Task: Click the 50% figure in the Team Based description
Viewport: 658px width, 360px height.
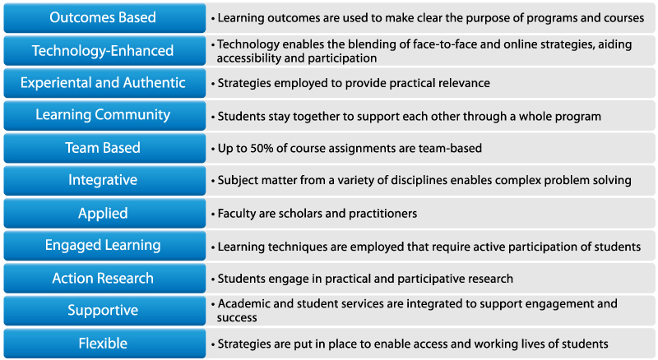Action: click(262, 148)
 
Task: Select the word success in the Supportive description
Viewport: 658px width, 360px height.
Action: click(237, 317)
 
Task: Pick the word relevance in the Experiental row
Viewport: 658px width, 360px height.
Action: click(464, 83)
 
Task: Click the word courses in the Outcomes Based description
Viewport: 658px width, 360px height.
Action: click(623, 18)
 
